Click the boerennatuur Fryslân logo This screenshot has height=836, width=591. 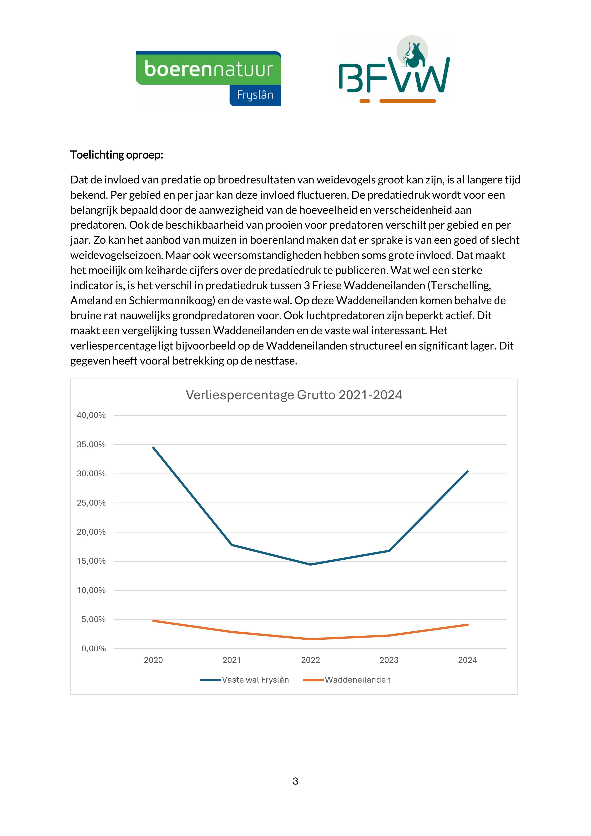[209, 79]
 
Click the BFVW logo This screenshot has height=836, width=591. [394, 69]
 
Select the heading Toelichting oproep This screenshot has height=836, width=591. [116, 155]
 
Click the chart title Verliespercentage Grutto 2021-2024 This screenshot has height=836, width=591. [294, 395]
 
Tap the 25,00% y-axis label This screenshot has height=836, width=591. [91, 503]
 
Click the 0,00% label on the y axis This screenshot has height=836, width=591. [94, 649]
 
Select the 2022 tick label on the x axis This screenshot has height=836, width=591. [310, 660]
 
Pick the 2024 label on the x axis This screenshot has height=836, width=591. [468, 660]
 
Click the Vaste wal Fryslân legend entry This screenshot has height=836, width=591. [244, 680]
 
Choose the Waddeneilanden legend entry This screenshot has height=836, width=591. [347, 680]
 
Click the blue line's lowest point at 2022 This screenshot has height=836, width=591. [310, 564]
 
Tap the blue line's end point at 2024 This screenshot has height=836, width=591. [468, 471]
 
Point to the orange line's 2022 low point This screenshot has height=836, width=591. [310, 639]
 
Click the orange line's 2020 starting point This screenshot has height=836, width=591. [153, 621]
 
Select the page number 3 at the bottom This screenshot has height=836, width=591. [295, 781]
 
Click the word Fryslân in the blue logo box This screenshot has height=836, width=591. [255, 95]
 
